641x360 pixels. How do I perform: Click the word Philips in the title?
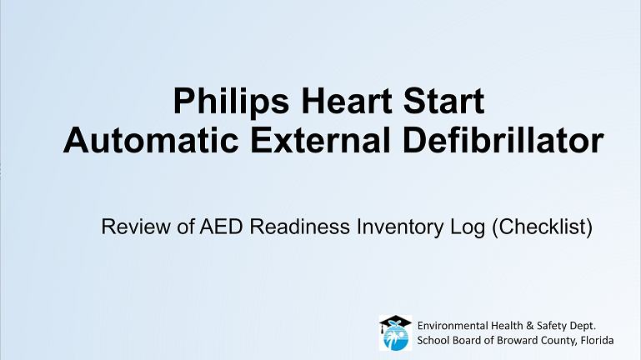pos(232,101)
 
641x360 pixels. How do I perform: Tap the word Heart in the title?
pos(347,101)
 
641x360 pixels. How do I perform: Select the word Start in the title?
pos(444,101)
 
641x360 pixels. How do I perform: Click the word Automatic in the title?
pos(151,140)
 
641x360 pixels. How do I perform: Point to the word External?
pos(320,140)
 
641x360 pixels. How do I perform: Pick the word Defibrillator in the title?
pos(503,140)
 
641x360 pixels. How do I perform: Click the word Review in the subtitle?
pos(136,227)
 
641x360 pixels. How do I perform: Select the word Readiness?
pos(299,227)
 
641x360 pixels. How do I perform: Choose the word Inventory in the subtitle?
pos(400,227)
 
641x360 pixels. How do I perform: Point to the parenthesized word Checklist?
pos(542,227)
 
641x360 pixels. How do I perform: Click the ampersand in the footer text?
pos(530,326)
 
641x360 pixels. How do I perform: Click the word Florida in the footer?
pos(598,340)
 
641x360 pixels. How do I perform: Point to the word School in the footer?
pos(430,340)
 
